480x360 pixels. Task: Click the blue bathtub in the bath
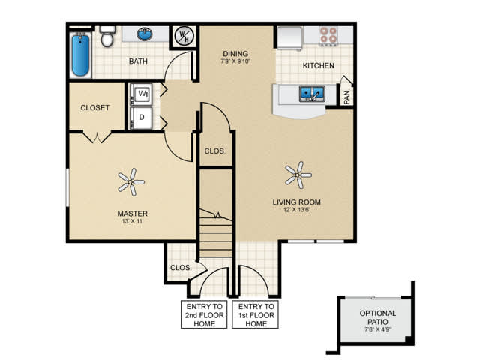[x=80, y=55]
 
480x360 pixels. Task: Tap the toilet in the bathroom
[x=107, y=36]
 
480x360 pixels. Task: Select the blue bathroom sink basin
[x=145, y=34]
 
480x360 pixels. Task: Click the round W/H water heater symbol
[x=184, y=36]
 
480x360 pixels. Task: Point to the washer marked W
[x=141, y=94]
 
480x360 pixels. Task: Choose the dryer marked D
[x=141, y=118]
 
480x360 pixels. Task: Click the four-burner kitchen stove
[x=328, y=35]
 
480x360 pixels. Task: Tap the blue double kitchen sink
[x=312, y=94]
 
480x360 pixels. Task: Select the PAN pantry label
[x=346, y=97]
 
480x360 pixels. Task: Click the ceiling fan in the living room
[x=298, y=175]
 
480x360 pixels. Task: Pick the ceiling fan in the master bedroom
[x=131, y=182]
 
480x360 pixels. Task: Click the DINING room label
[x=235, y=54]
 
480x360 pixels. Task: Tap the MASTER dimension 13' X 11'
[x=132, y=221]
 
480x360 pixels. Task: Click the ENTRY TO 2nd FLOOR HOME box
[x=204, y=315]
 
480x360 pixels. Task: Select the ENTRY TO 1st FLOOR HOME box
[x=255, y=315]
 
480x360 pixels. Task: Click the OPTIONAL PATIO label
[x=378, y=317]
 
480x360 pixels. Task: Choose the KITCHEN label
[x=318, y=65]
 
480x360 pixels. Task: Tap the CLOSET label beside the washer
[x=95, y=108]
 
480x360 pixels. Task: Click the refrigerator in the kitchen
[x=289, y=37]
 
